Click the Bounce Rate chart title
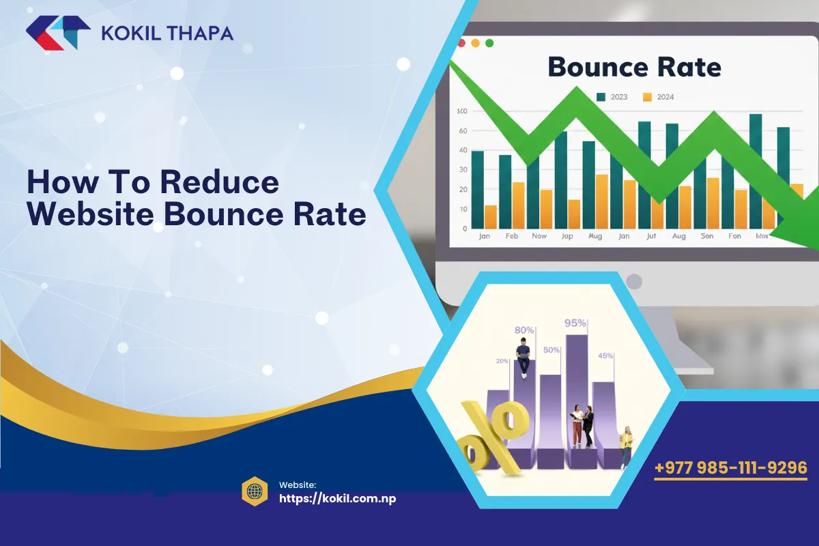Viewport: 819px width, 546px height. pyautogui.click(x=634, y=67)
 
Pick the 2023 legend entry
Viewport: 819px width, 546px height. pyautogui.click(x=612, y=97)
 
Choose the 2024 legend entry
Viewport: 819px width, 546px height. pyautogui.click(x=659, y=97)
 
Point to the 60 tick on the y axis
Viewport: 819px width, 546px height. pyautogui.click(x=463, y=130)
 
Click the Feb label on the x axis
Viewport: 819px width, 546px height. pyautogui.click(x=511, y=236)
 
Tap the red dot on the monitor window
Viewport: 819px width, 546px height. pyautogui.click(x=461, y=43)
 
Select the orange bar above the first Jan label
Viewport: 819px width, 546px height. pyautogui.click(x=491, y=216)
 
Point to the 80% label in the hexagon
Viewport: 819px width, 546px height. pyautogui.click(x=524, y=330)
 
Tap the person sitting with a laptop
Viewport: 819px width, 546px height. pyautogui.click(x=523, y=359)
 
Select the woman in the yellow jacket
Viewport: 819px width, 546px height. pyautogui.click(x=626, y=446)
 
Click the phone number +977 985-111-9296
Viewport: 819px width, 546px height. pyautogui.click(x=730, y=468)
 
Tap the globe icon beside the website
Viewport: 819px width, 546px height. pyautogui.click(x=254, y=491)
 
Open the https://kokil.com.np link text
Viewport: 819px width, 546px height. pyautogui.click(x=338, y=498)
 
